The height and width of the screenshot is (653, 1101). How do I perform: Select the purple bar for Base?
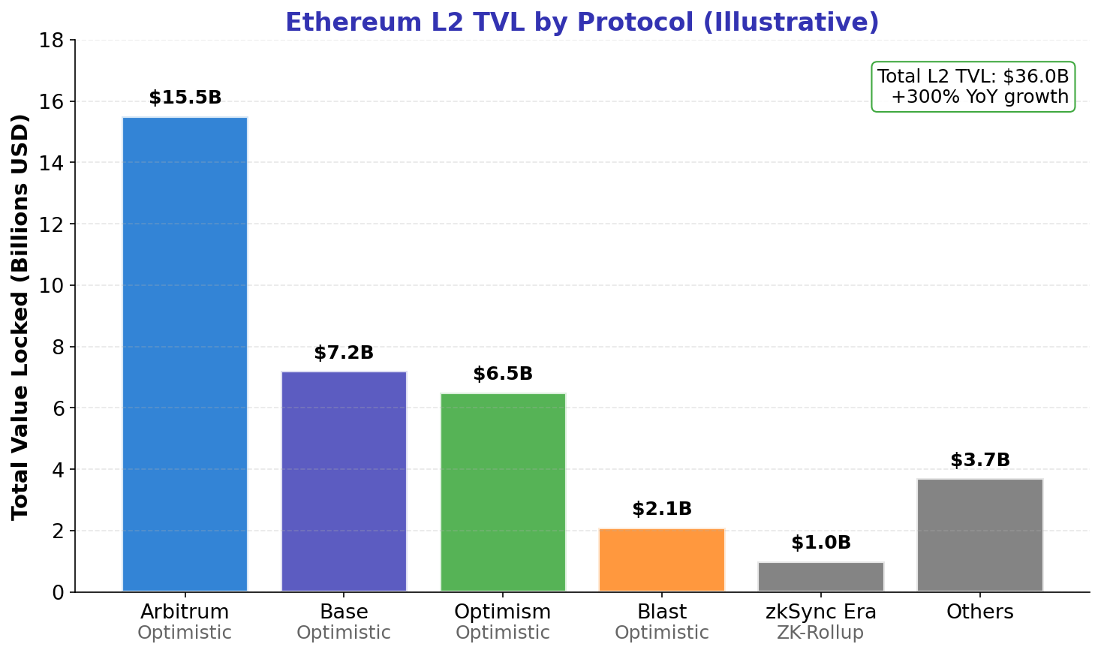pyautogui.click(x=344, y=481)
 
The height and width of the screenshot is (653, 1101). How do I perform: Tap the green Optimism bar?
pyautogui.click(x=503, y=492)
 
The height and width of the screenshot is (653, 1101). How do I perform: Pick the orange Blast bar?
pyautogui.click(x=662, y=560)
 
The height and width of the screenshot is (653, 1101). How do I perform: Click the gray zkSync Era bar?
pyautogui.click(x=821, y=576)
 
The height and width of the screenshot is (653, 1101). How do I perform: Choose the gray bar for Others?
pyautogui.click(x=980, y=535)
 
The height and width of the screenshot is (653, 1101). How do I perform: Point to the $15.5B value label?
pyautogui.click(x=185, y=98)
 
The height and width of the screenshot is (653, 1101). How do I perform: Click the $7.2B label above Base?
pyautogui.click(x=344, y=354)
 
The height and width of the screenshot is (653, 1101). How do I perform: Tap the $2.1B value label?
pyautogui.click(x=662, y=510)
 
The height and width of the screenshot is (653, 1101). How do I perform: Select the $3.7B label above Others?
pyautogui.click(x=980, y=461)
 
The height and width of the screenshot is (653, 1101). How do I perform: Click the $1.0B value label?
pyautogui.click(x=821, y=543)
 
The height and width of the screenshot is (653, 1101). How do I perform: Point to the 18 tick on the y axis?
pyautogui.click(x=56, y=41)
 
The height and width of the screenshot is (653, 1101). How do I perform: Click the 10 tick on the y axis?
pyautogui.click(x=56, y=286)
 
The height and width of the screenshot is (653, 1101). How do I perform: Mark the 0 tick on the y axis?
pyautogui.click(x=60, y=593)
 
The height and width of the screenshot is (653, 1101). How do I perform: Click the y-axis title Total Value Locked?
pyautogui.click(x=20, y=316)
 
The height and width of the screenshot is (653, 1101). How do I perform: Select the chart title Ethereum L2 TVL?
pyautogui.click(x=582, y=23)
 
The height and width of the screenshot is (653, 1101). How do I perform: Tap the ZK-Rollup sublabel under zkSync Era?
pyautogui.click(x=820, y=633)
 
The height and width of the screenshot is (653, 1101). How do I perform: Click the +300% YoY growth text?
pyautogui.click(x=979, y=97)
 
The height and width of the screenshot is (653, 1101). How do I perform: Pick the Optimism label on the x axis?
pyautogui.click(x=503, y=612)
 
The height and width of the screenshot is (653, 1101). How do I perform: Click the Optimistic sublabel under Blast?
pyautogui.click(x=662, y=633)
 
